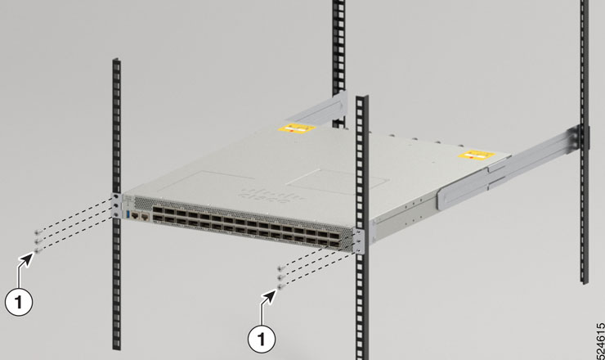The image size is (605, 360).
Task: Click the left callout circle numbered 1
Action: click(x=19, y=302)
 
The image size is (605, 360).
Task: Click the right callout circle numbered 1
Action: click(x=262, y=339)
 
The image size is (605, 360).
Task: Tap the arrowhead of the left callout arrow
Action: click(x=27, y=259)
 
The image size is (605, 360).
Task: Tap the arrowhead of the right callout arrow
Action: click(x=270, y=297)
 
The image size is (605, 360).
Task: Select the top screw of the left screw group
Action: click(x=38, y=232)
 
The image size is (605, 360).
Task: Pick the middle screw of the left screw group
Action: click(x=38, y=241)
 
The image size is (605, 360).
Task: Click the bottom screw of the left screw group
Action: click(x=38, y=251)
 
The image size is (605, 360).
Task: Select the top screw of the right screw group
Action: click(x=280, y=268)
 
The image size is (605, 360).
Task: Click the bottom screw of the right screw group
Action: click(x=280, y=286)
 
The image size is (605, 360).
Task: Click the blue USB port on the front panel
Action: click(x=128, y=214)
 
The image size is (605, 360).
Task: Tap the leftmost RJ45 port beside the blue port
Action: click(x=135, y=215)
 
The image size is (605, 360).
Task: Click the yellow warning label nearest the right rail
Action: click(x=477, y=155)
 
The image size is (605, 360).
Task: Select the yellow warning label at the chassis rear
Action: click(x=297, y=128)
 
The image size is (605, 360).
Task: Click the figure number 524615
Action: click(x=600, y=340)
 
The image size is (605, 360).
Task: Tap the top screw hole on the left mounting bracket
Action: click(x=116, y=196)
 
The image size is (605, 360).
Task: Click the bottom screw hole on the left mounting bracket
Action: click(x=116, y=214)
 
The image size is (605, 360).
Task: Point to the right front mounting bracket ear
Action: click(x=359, y=241)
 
